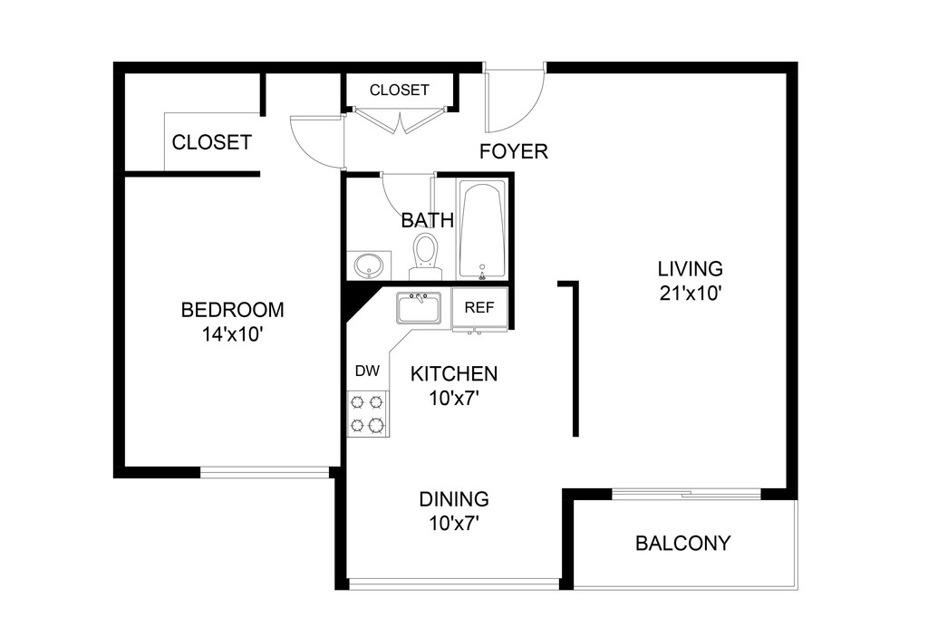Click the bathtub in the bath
point(481,230)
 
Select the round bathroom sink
point(369,266)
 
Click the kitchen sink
point(418,309)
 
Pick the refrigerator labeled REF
point(479,308)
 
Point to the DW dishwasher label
point(366,371)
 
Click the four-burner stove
point(368,413)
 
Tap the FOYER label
point(514,151)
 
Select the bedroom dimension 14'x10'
point(233,333)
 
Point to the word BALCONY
point(683,544)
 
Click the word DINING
point(454,499)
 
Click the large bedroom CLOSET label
point(211,142)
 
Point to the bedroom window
point(265,471)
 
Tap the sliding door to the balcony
point(686,495)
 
